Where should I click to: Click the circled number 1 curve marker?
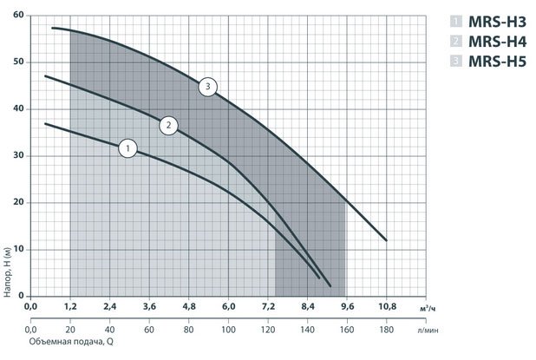pos(127,148)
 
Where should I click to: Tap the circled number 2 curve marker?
pos(168,126)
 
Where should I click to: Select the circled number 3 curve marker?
pos(207,86)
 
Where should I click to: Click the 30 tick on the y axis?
pos(18,156)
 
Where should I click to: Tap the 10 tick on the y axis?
pos(18,249)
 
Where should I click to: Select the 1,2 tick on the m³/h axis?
pos(69,306)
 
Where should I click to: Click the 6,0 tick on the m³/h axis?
pos(228,306)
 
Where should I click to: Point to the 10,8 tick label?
pos(387,306)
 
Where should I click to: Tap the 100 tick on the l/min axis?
pos(228,331)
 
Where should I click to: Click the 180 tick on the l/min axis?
pos(387,331)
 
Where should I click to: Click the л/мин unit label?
pos(428,331)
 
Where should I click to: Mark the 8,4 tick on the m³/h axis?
pos(308,306)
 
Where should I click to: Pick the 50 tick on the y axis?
pos(18,62)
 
